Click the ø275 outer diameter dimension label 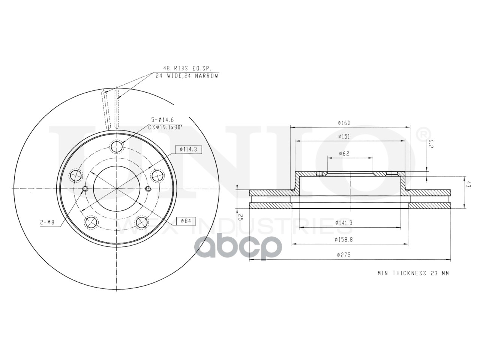pyautogui.click(x=343, y=255)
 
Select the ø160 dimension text pyautogui.click(x=344, y=123)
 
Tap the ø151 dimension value pyautogui.click(x=344, y=136)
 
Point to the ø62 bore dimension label pyautogui.click(x=344, y=153)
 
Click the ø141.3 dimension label pyautogui.click(x=344, y=223)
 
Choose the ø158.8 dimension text pyautogui.click(x=344, y=240)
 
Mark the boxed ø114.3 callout pyautogui.click(x=189, y=150)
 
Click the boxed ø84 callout pyautogui.click(x=186, y=221)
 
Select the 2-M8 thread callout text pyautogui.click(x=47, y=222)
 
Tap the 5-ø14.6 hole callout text pyautogui.click(x=162, y=120)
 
